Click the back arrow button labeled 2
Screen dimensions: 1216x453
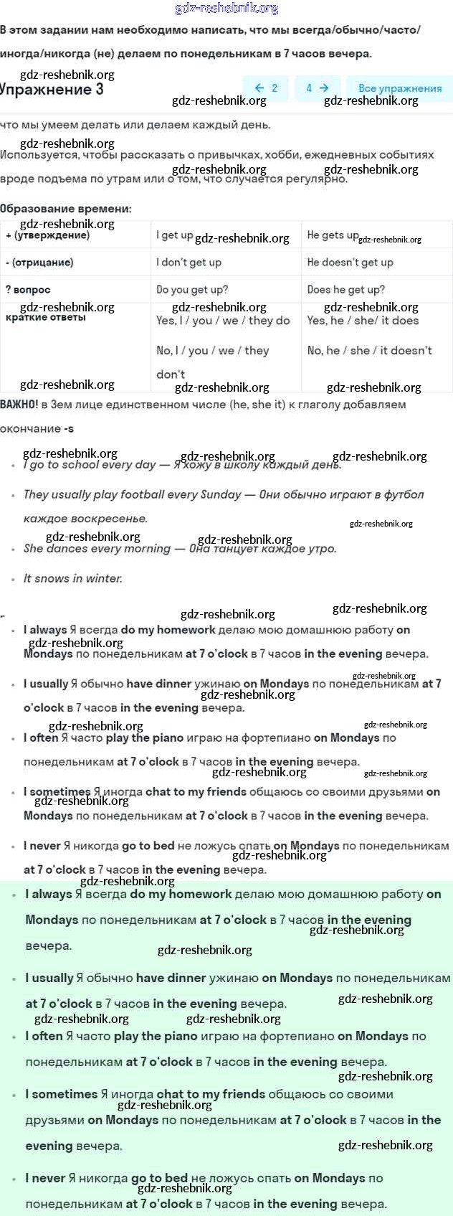point(265,88)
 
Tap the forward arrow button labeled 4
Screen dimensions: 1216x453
point(317,88)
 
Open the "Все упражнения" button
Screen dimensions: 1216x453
point(399,88)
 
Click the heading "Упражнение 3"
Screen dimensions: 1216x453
point(52,90)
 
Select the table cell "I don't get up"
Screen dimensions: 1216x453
point(189,262)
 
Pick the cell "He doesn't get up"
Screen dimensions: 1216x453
point(350,262)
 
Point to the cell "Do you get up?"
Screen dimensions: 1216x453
point(192,289)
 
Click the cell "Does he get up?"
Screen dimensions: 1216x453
point(345,289)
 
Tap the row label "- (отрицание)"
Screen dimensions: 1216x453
point(39,262)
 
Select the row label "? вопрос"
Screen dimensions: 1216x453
point(28,289)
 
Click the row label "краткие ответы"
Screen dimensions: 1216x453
point(45,317)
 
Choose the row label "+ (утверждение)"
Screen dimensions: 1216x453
point(47,235)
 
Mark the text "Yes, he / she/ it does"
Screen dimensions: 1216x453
point(363,321)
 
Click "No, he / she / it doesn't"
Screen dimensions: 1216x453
point(369,350)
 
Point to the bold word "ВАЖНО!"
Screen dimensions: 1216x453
point(19,405)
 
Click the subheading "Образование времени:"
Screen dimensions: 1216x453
point(66,209)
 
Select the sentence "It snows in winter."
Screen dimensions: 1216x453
point(73,578)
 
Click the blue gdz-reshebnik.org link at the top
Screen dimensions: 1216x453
point(226,9)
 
